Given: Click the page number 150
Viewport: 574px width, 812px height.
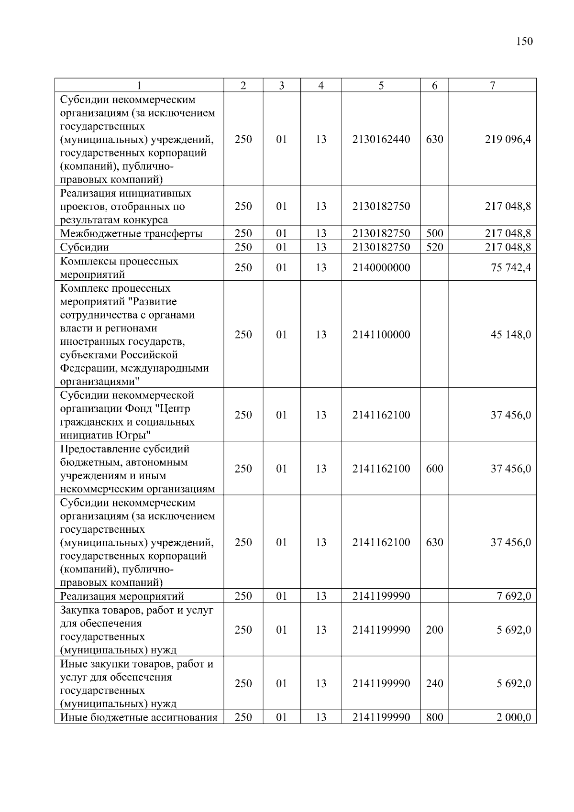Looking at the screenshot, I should pyautogui.click(x=524, y=42).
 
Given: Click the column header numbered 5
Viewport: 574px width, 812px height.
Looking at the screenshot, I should pyautogui.click(x=381, y=86).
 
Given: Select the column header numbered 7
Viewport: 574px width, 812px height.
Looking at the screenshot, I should pyautogui.click(x=492, y=86).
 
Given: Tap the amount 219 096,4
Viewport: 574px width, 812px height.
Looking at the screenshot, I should pyautogui.click(x=508, y=140).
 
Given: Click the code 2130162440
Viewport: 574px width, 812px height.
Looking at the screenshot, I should pyautogui.click(x=381, y=140).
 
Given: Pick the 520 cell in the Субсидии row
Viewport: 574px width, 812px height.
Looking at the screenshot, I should pyautogui.click(x=434, y=247).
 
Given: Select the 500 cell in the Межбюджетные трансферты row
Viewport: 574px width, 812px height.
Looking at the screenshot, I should pyautogui.click(x=434, y=234).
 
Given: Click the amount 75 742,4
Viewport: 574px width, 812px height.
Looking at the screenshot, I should pyautogui.click(x=511, y=268).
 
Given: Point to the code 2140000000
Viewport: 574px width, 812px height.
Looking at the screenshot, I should pyautogui.click(x=381, y=268).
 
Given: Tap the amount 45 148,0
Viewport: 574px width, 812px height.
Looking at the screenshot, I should pyautogui.click(x=511, y=335).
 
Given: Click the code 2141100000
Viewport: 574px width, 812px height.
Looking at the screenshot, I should pyautogui.click(x=381, y=335).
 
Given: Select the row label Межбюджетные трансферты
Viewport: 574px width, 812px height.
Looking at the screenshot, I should pyautogui.click(x=131, y=234).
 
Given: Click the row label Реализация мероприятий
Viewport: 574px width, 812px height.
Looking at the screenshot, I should pyautogui.click(x=122, y=596).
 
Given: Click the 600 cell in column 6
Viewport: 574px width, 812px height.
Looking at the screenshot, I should pyautogui.click(x=434, y=469).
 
